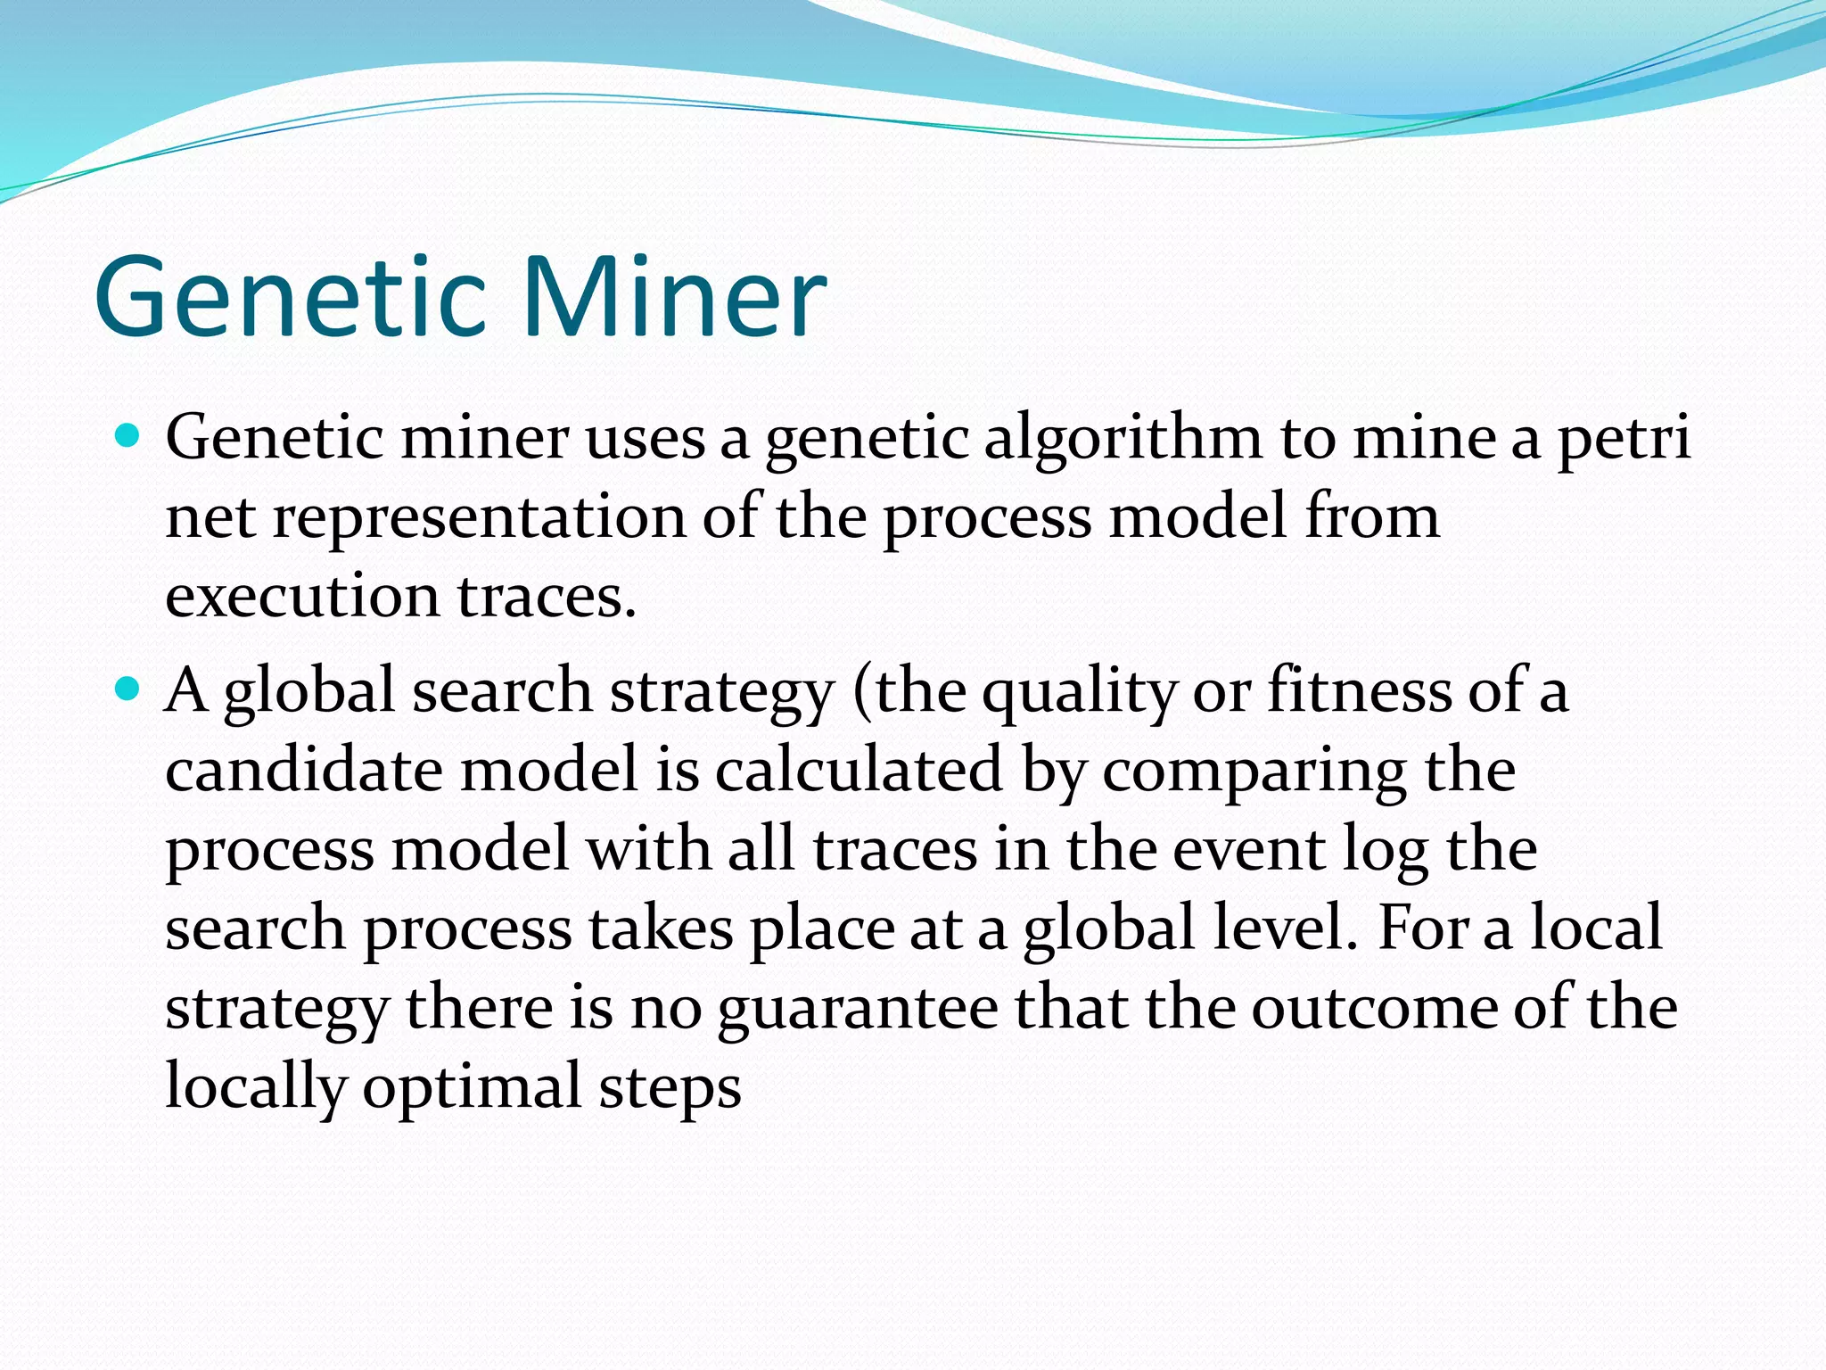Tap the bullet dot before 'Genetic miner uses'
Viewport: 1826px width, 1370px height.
click(x=129, y=436)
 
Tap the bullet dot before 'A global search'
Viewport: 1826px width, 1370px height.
click(x=129, y=689)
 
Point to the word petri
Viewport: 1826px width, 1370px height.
click(x=1624, y=439)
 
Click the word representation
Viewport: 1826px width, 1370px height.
click(x=479, y=517)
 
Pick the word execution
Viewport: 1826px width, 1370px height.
click(x=301, y=596)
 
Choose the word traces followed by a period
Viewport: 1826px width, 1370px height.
click(x=546, y=596)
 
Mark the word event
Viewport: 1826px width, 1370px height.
click(x=1247, y=848)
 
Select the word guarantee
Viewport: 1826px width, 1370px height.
click(x=858, y=1009)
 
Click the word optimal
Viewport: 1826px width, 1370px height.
click(x=472, y=1087)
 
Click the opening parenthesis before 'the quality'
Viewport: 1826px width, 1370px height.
click(x=861, y=692)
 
